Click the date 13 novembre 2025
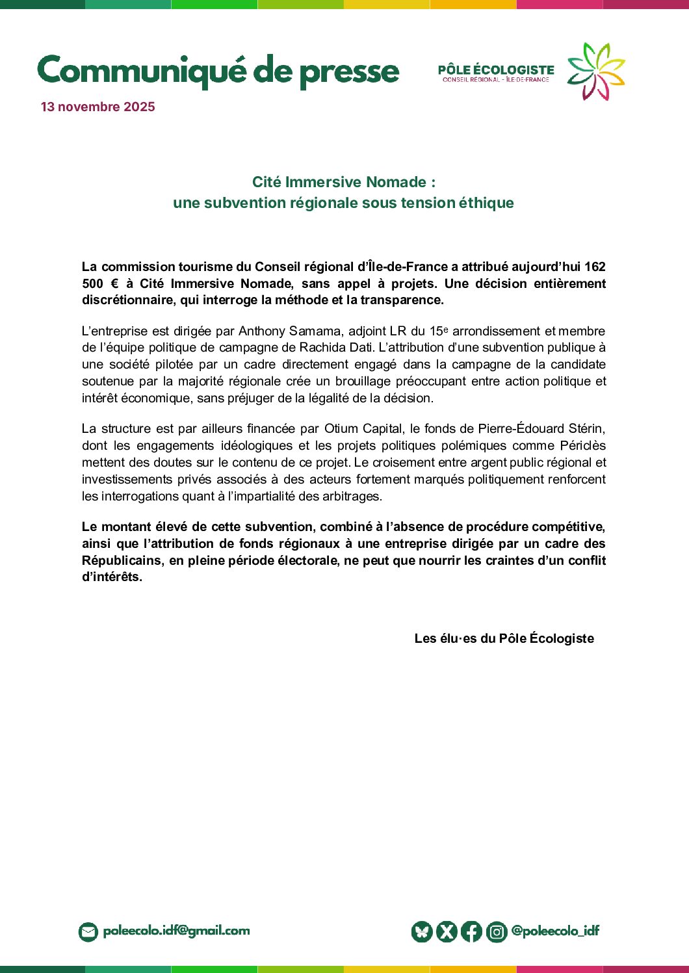point(97,107)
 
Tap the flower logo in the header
point(596,71)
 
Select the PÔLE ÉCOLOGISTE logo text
point(496,70)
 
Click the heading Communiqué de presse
point(218,71)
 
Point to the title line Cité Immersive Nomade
point(343,182)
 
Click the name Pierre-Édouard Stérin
point(541,429)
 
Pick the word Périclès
point(582,446)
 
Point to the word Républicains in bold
point(122,560)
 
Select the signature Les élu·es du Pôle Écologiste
point(504,638)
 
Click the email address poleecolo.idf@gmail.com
point(176,931)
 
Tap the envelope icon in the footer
point(88,932)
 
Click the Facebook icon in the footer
point(471,932)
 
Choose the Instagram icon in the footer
point(497,932)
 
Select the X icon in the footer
point(447,932)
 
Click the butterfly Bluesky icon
point(422,932)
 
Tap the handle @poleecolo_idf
point(555,931)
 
